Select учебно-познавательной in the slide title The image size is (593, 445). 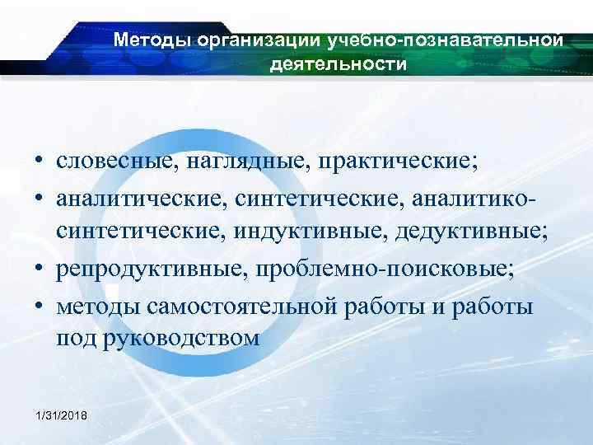click(x=445, y=39)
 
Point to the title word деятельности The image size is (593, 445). click(x=338, y=63)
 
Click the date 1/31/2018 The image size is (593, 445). click(x=64, y=412)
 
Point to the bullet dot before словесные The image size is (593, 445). click(x=39, y=160)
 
